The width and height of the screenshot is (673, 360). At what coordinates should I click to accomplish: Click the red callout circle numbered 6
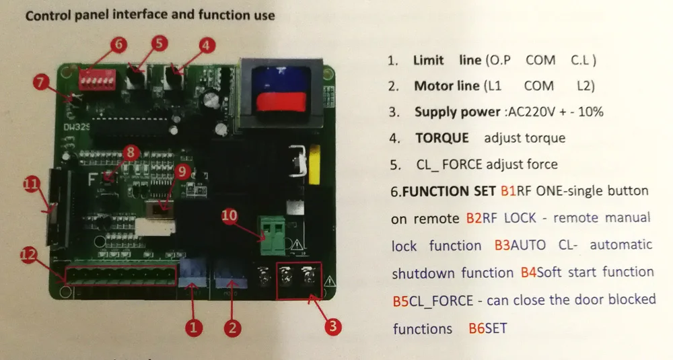[x=118, y=44]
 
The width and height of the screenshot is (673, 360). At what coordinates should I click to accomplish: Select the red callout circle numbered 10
[x=229, y=216]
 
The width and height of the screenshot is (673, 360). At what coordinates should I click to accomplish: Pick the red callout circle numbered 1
[x=193, y=328]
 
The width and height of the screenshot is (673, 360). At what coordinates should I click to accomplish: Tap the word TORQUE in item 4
[x=441, y=138]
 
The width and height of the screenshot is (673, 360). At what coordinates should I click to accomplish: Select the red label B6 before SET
[x=476, y=329]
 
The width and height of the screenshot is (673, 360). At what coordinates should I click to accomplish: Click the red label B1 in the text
[x=508, y=191]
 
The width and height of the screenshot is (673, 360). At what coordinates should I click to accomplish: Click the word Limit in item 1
[x=429, y=60]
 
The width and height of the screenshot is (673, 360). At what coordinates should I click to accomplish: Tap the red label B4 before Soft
[x=529, y=273]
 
